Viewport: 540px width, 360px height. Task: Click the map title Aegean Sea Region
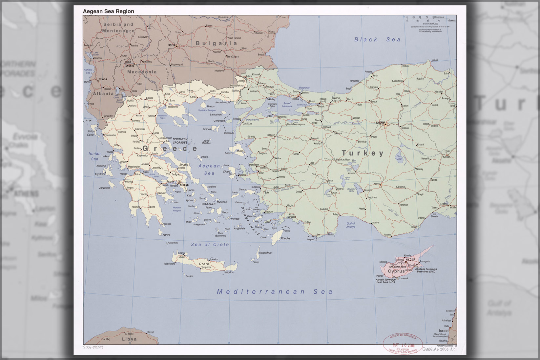[108, 11]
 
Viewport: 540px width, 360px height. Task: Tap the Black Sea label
[377, 40]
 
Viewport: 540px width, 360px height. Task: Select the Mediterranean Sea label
[275, 291]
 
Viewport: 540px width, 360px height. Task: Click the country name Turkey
[363, 153]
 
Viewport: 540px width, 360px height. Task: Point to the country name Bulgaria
[217, 43]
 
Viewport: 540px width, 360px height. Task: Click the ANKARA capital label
[381, 123]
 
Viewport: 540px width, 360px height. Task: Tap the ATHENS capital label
[184, 185]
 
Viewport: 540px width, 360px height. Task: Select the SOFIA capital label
[172, 45]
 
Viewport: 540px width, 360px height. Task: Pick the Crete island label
[204, 264]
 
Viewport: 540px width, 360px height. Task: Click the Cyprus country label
[396, 271]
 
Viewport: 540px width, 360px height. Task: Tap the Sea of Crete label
[210, 245]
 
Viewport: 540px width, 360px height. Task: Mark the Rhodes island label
[285, 238]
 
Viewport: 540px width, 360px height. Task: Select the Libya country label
[129, 339]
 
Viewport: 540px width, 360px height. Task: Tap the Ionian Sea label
[94, 156]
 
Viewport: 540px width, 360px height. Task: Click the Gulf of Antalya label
[350, 225]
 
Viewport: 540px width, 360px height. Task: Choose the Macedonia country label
[142, 72]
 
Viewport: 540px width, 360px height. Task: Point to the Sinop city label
[435, 60]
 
